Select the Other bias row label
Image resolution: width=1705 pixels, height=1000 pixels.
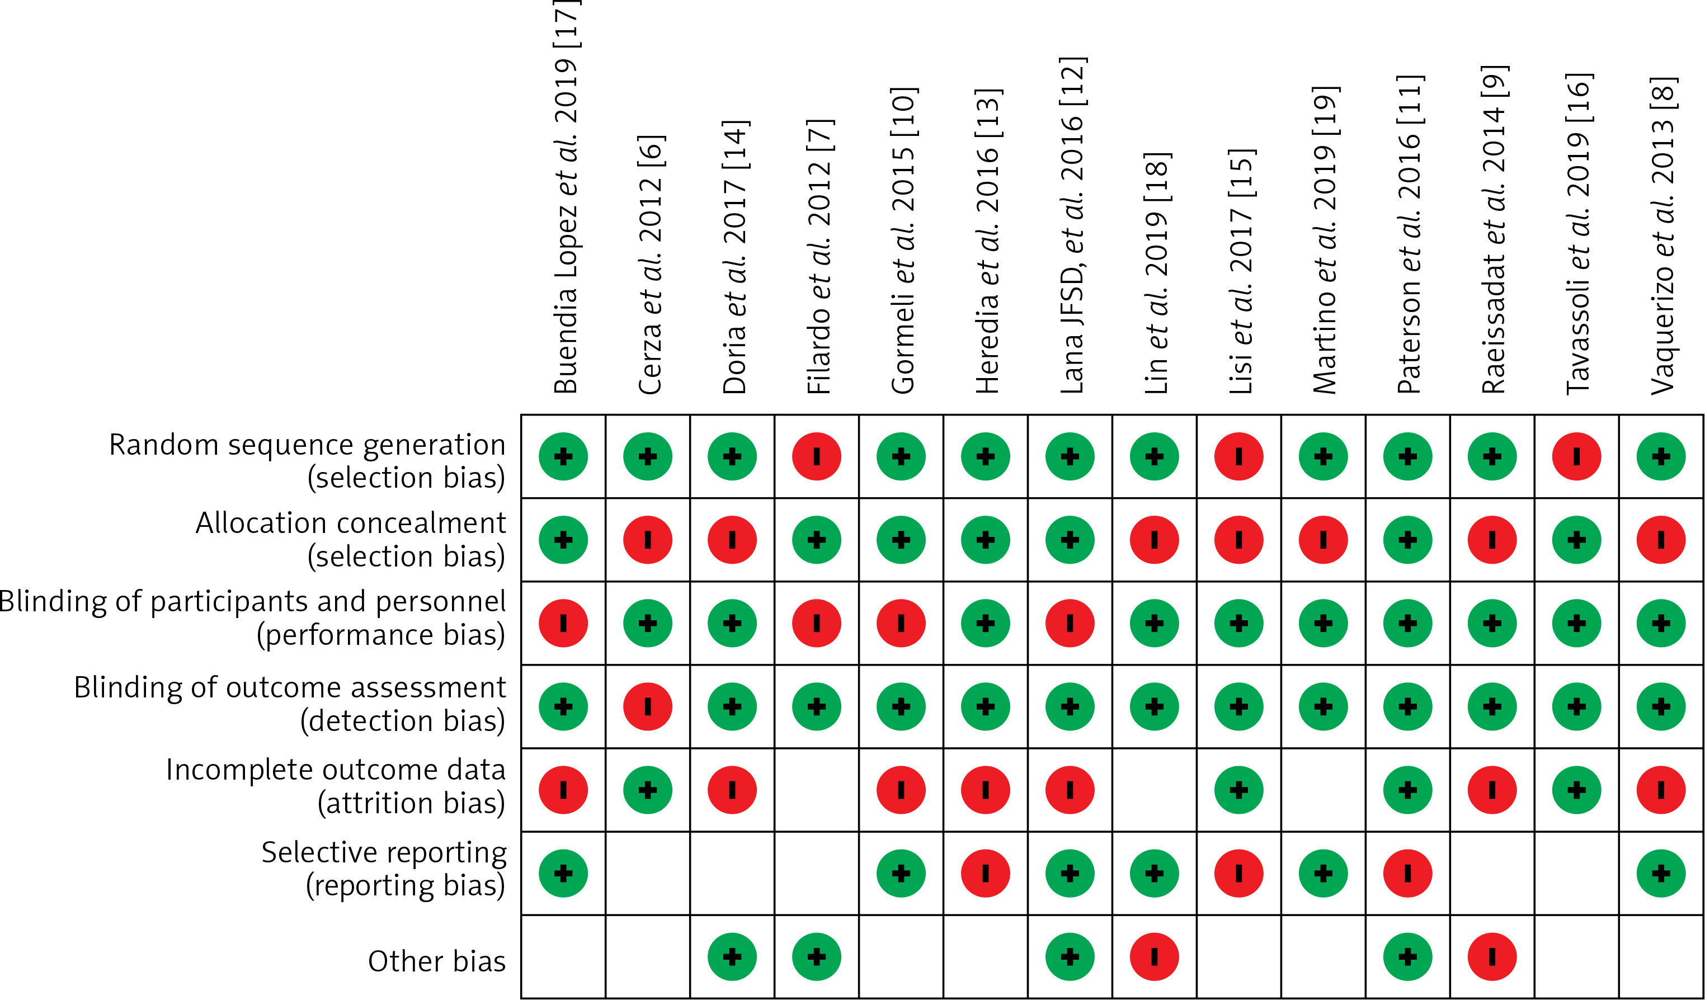[x=436, y=961]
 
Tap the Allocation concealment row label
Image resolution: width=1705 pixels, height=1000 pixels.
[x=351, y=539]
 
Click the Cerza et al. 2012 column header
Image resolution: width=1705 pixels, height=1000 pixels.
[x=650, y=264]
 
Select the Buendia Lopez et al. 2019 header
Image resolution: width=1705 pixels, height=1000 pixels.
[x=566, y=196]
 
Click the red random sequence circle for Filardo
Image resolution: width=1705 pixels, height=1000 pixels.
[x=817, y=457]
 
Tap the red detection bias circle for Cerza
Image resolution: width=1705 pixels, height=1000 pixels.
[x=648, y=706]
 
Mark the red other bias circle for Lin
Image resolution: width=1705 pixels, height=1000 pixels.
[x=1154, y=957]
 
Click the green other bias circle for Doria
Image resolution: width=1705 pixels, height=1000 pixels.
[x=732, y=957]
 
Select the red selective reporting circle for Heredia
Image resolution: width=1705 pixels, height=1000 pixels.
[x=985, y=874]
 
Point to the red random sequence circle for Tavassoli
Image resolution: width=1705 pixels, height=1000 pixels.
[x=1576, y=457]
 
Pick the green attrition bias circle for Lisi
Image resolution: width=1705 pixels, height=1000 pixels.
[x=1239, y=790]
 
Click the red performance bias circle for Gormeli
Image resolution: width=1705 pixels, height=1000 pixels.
[x=901, y=623]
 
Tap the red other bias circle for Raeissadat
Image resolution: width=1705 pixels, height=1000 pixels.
[x=1492, y=957]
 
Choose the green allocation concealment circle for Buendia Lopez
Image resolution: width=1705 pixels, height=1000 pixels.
[x=563, y=540]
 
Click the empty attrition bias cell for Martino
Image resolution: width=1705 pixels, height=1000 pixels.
[x=1324, y=790]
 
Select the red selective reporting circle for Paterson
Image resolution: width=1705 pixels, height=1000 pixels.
[x=1407, y=874]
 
